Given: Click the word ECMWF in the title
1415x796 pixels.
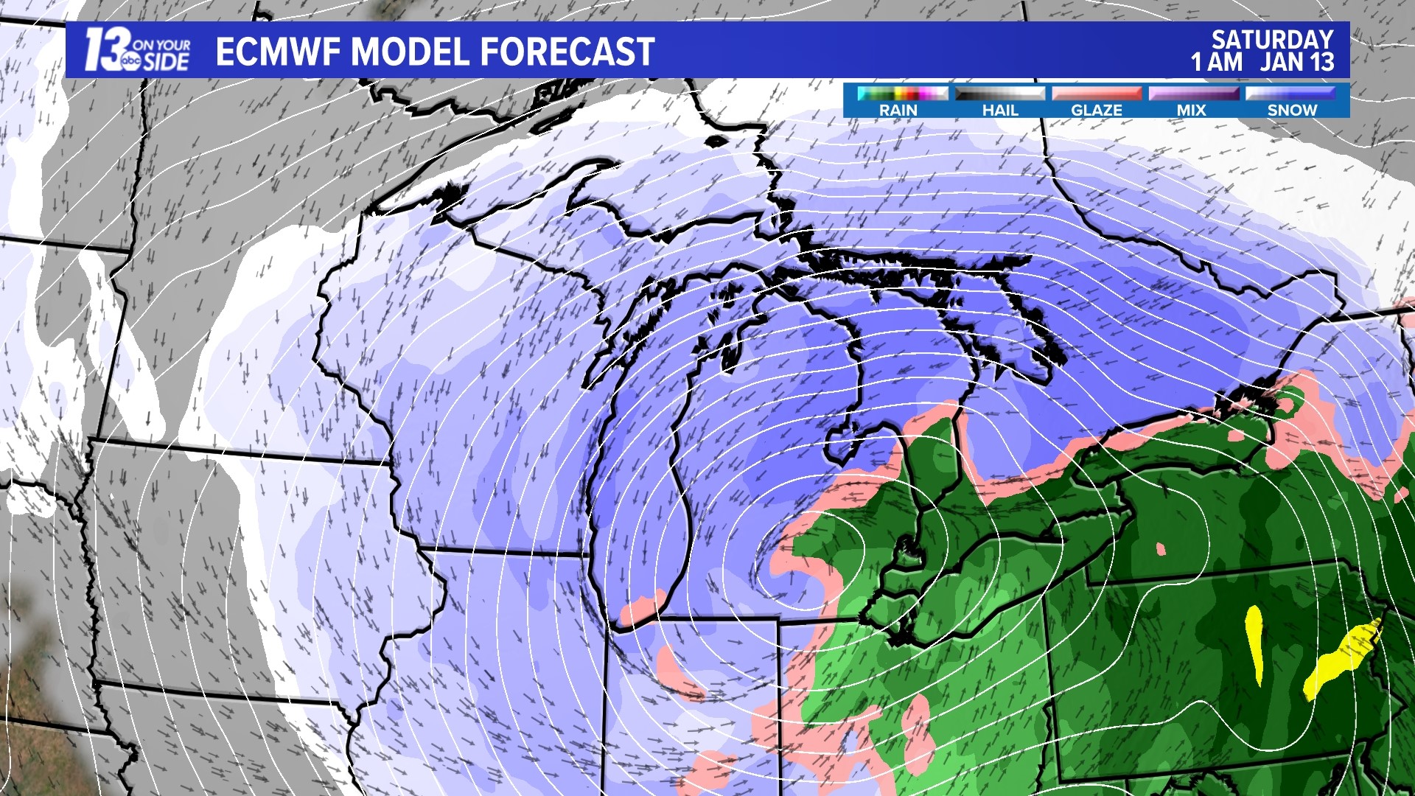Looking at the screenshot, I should tap(277, 52).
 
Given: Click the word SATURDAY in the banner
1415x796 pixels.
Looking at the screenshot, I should tap(1273, 39).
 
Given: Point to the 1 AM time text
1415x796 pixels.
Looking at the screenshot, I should tap(1217, 62).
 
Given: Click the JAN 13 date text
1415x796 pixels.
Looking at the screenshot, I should tap(1297, 62).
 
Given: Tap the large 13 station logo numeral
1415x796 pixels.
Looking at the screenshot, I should tap(103, 50).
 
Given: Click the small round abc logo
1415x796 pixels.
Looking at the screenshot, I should tap(132, 63).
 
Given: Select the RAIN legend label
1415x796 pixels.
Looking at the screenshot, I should tap(898, 111).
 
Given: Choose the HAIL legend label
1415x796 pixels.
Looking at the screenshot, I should tap(1000, 111).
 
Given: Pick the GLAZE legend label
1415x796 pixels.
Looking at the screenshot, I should tap(1097, 111).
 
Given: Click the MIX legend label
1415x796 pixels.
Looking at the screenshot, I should tap(1191, 111).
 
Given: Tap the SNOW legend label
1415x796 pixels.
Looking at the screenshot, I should tap(1292, 111).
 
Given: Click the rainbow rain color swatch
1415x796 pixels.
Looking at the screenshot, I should tap(902, 94).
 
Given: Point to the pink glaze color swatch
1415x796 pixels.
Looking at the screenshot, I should tap(1097, 94).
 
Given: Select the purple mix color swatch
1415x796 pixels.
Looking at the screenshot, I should tap(1193, 94).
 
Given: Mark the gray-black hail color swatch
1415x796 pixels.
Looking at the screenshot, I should tap(999, 94).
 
